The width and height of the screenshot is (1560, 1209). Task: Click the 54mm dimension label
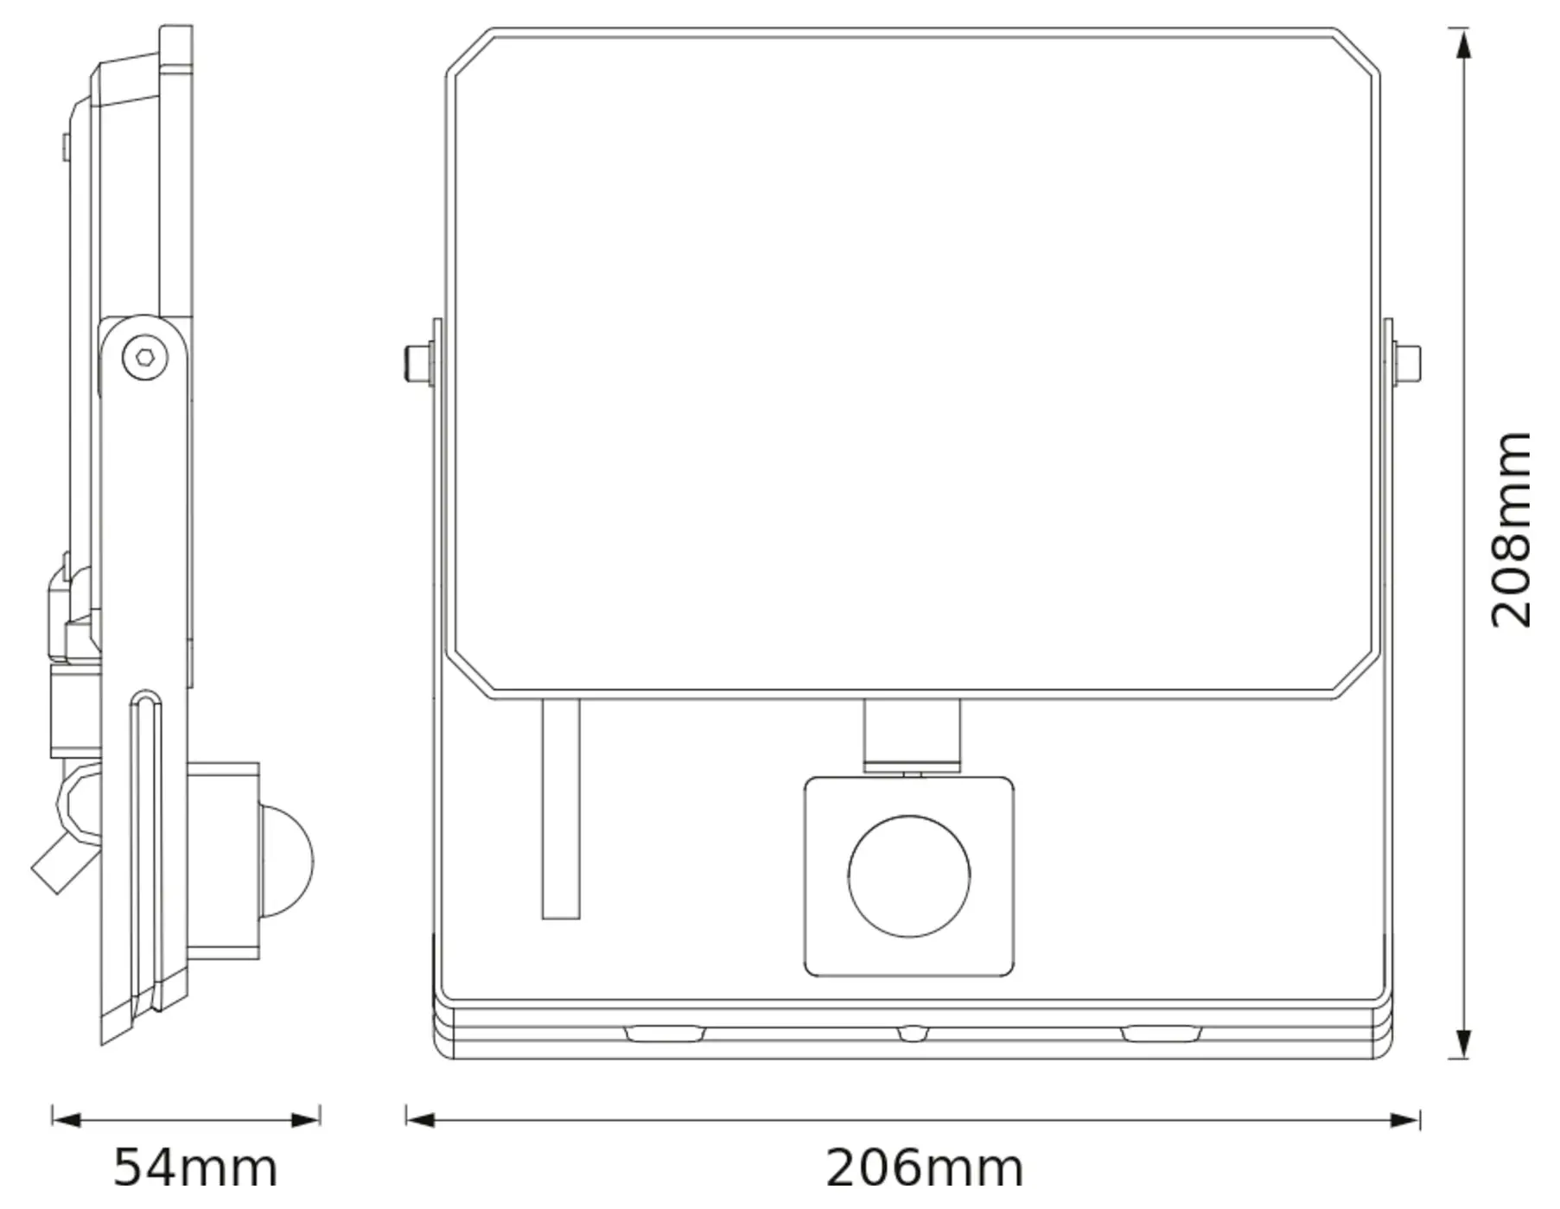(x=195, y=1168)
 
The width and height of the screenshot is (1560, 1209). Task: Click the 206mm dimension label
(x=925, y=1168)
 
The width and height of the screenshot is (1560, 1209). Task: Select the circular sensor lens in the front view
(x=909, y=876)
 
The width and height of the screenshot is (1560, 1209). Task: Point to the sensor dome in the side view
(x=288, y=860)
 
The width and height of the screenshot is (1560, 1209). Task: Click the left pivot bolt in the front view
(x=419, y=364)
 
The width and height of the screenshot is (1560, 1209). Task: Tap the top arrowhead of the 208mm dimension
(x=1461, y=43)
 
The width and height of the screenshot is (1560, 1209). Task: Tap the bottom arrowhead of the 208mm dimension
(x=1461, y=1043)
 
